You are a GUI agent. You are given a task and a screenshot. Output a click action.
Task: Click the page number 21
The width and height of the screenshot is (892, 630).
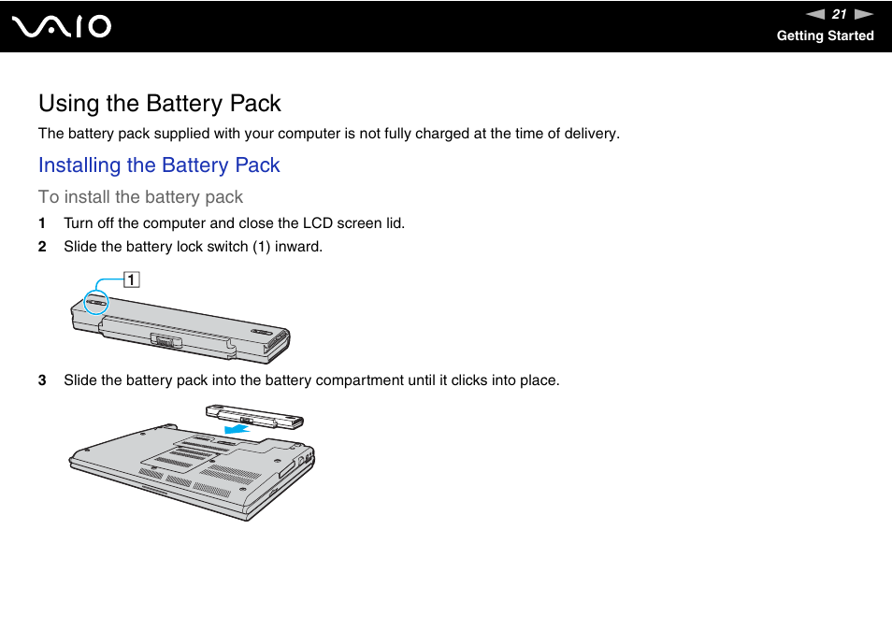point(839,14)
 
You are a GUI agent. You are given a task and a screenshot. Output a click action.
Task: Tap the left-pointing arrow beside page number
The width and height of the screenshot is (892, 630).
point(815,14)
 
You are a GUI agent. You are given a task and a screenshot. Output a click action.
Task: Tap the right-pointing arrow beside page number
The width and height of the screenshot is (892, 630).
point(864,14)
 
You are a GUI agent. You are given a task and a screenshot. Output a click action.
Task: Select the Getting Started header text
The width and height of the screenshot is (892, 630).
point(825,36)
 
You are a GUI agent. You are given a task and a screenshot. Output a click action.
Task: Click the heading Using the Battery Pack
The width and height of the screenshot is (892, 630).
point(160,103)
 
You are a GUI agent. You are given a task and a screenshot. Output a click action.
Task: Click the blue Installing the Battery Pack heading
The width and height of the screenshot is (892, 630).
point(159,165)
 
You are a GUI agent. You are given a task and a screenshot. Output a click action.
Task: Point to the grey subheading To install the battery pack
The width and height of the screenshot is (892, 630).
point(140,197)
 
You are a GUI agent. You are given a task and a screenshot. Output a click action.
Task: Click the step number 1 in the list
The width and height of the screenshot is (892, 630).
point(42,223)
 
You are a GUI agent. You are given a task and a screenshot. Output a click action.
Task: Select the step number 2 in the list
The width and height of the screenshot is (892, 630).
point(42,247)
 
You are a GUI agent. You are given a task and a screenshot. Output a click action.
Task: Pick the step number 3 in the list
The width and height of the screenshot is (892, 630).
point(42,380)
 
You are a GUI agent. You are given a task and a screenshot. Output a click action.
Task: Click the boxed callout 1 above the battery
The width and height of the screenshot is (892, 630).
point(132,279)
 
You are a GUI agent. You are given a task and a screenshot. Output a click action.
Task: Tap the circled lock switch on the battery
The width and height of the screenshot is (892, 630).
point(95,302)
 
